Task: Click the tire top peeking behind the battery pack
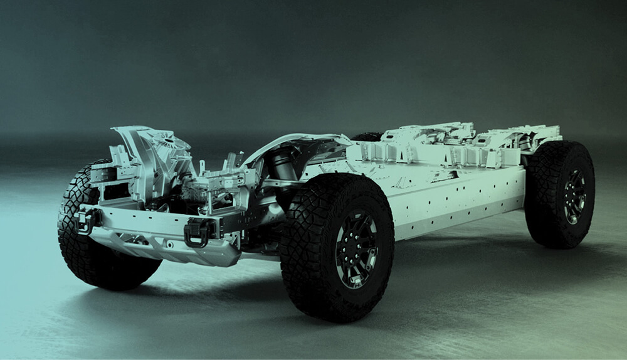367,136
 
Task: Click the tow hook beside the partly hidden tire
87,220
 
